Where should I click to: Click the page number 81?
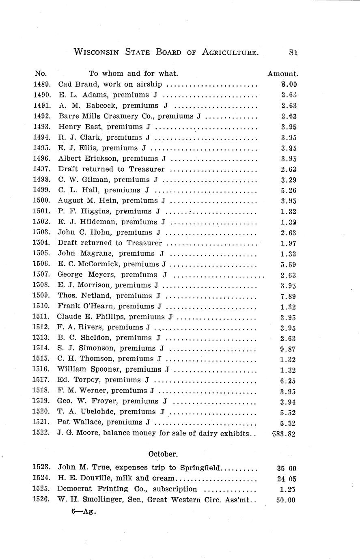pyautogui.click(x=294, y=52)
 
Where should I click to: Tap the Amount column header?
pyautogui.click(x=283, y=74)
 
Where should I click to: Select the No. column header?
pyautogui.click(x=41, y=74)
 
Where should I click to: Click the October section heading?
pyautogui.click(x=163, y=454)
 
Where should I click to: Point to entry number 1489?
pyautogui.click(x=41, y=84)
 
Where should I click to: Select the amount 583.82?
pyautogui.click(x=284, y=433)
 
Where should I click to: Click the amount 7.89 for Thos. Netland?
pyautogui.click(x=288, y=296)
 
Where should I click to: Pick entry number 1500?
pyautogui.click(x=41, y=200)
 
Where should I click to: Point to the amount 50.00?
pyautogui.click(x=286, y=500)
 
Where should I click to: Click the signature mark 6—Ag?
pyautogui.click(x=84, y=512)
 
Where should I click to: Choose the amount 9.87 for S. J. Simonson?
pyautogui.click(x=288, y=349)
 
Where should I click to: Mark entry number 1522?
pyautogui.click(x=41, y=433)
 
